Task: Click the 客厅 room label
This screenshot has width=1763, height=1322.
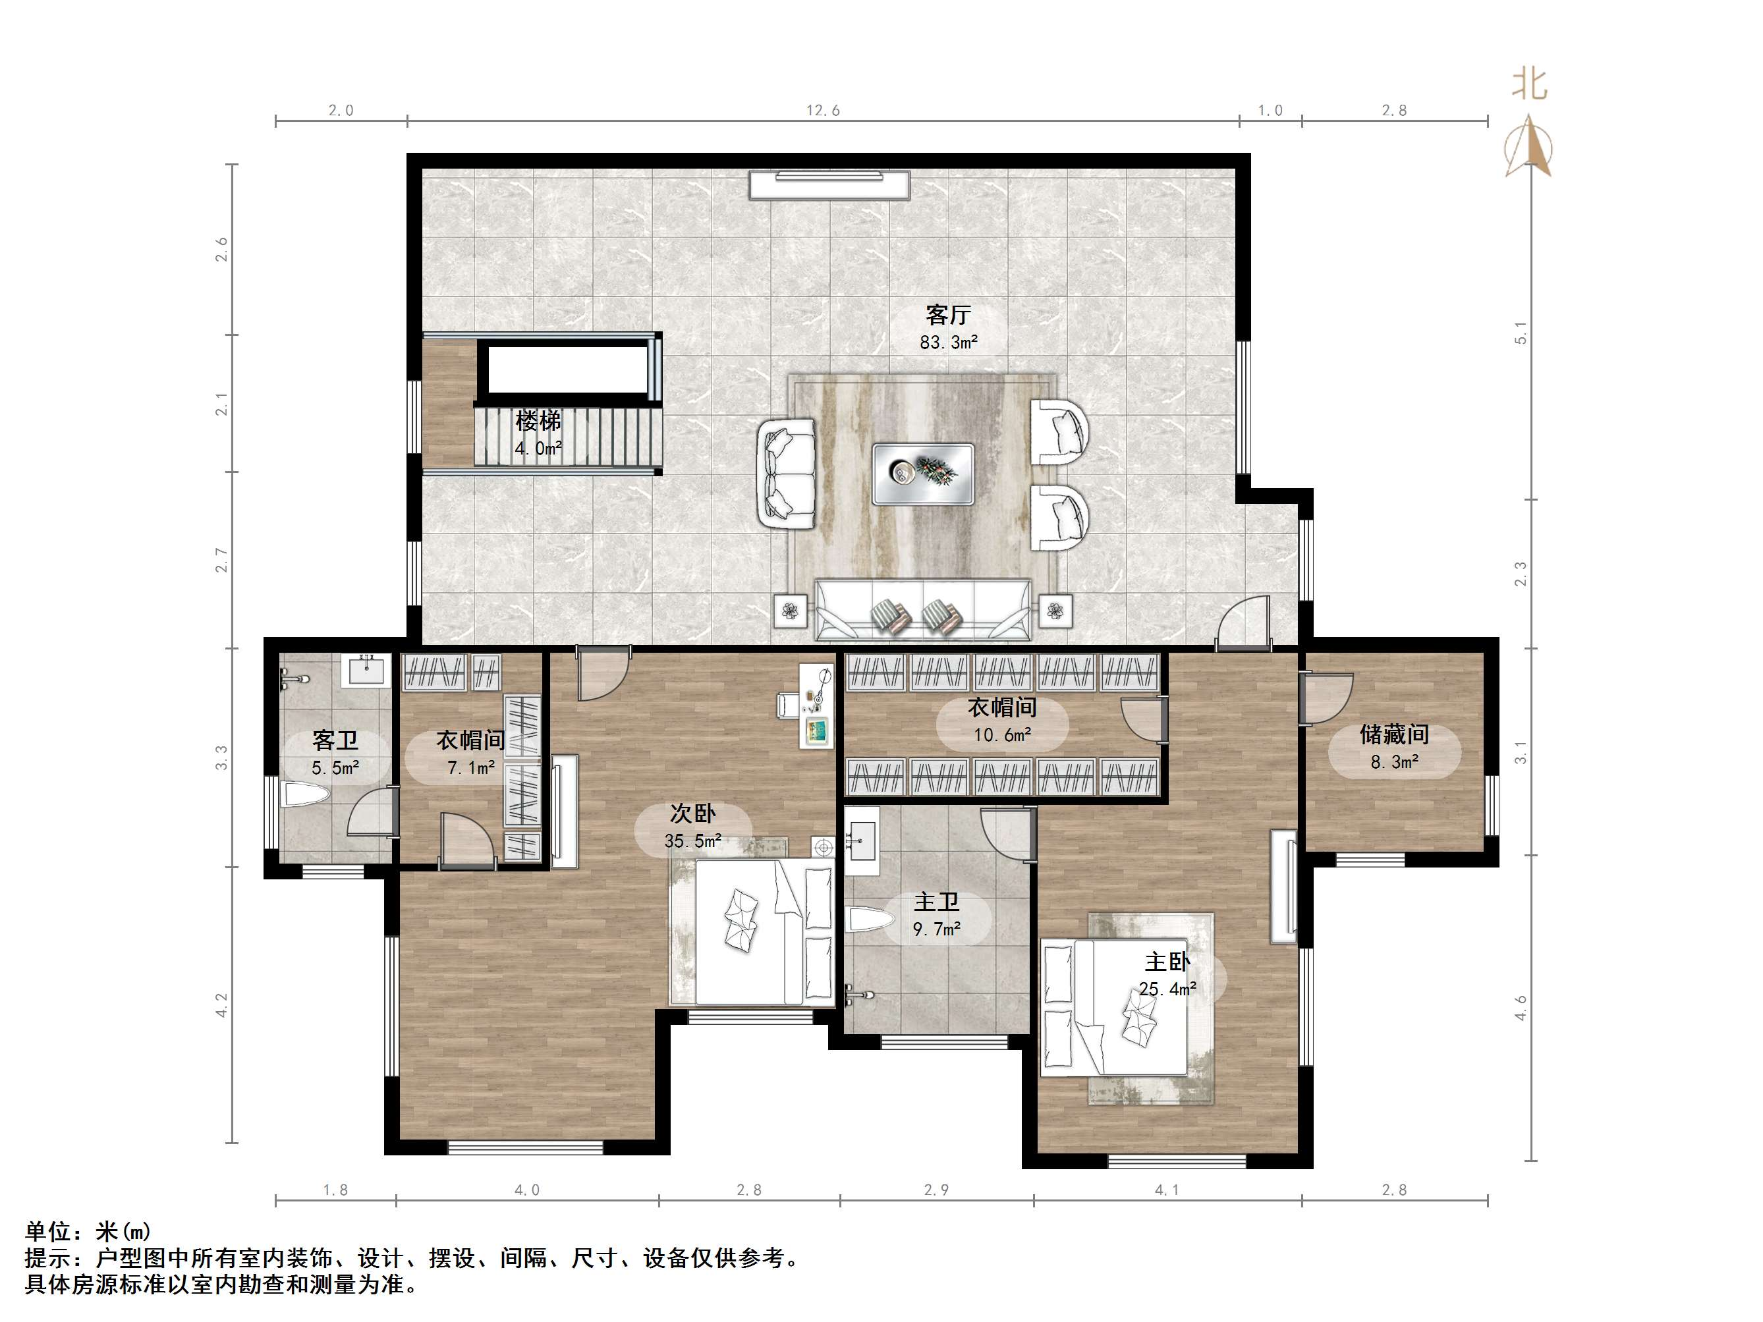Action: [x=947, y=316]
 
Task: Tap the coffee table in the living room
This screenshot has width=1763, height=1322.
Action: [x=923, y=474]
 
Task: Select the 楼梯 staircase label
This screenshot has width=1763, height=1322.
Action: [x=538, y=421]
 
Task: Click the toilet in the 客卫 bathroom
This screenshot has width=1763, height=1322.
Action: [x=307, y=794]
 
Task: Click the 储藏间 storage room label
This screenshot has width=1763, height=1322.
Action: [x=1394, y=734]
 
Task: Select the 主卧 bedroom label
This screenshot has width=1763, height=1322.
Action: [x=1167, y=962]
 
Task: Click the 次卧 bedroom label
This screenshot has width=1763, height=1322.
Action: [x=692, y=813]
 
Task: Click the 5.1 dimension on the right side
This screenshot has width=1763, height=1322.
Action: [x=1521, y=332]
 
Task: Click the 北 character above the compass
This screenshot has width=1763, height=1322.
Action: [x=1530, y=84]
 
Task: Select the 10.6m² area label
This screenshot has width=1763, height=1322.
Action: [x=1003, y=734]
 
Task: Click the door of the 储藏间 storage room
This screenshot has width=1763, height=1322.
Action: [x=1326, y=698]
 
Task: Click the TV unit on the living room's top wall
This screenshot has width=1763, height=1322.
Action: [x=829, y=185]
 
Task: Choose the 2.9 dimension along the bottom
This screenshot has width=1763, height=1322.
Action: [x=936, y=1190]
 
